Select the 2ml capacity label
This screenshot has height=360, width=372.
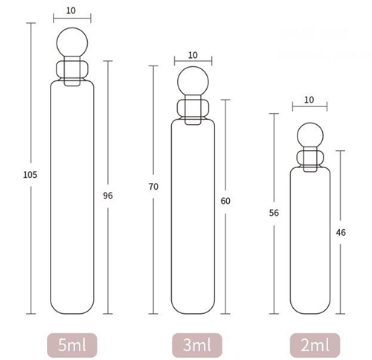[310, 344]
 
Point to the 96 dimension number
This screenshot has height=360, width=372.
[108, 196]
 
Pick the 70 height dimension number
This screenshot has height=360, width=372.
[153, 187]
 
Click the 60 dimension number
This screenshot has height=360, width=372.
[225, 202]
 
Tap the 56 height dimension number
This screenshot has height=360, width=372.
[274, 213]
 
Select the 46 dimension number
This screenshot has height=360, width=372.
[341, 232]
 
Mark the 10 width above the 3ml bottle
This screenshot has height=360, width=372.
[193, 55]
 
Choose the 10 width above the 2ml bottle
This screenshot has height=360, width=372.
[309, 100]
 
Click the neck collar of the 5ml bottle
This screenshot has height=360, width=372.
[71, 71]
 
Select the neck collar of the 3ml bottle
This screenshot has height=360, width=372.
[193, 109]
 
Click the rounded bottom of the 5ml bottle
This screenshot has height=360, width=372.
[71, 309]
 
